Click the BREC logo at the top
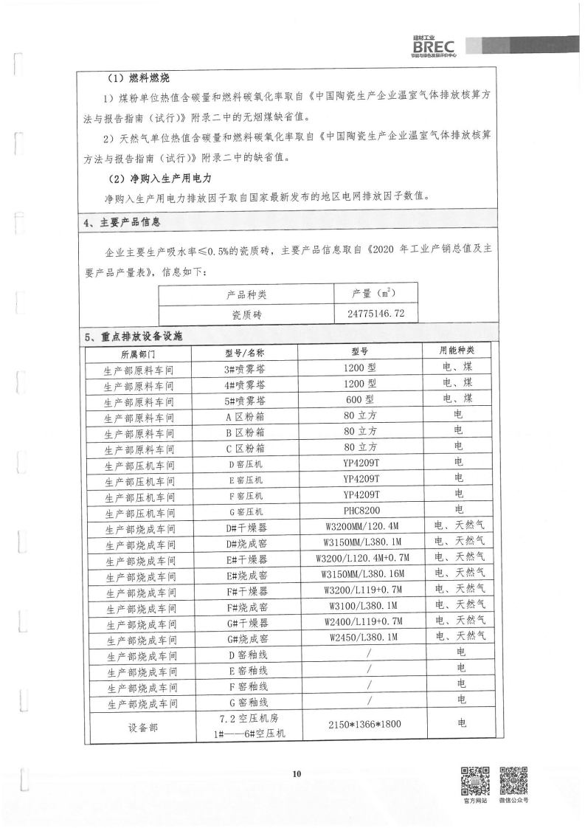[435, 46]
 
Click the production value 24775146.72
[375, 314]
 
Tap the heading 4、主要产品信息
[122, 222]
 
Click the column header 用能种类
[457, 351]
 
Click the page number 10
[297, 774]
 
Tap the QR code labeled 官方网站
[475, 779]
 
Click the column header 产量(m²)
[375, 294]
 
